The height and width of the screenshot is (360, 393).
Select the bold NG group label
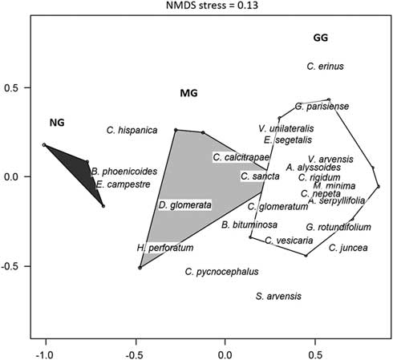pos(57,123)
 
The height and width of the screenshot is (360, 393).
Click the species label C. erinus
pos(325,67)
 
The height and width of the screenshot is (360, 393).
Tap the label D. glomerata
pos(184,205)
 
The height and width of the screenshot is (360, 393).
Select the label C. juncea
pos(348,248)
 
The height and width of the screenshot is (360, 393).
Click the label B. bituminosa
pos(249,224)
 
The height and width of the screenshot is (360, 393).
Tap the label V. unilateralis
pos(286,128)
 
